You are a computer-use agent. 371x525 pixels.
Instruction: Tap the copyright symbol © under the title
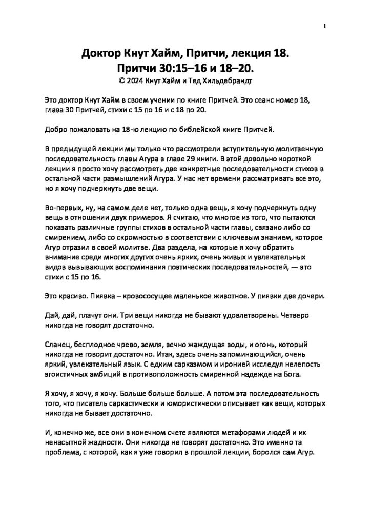point(121,80)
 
